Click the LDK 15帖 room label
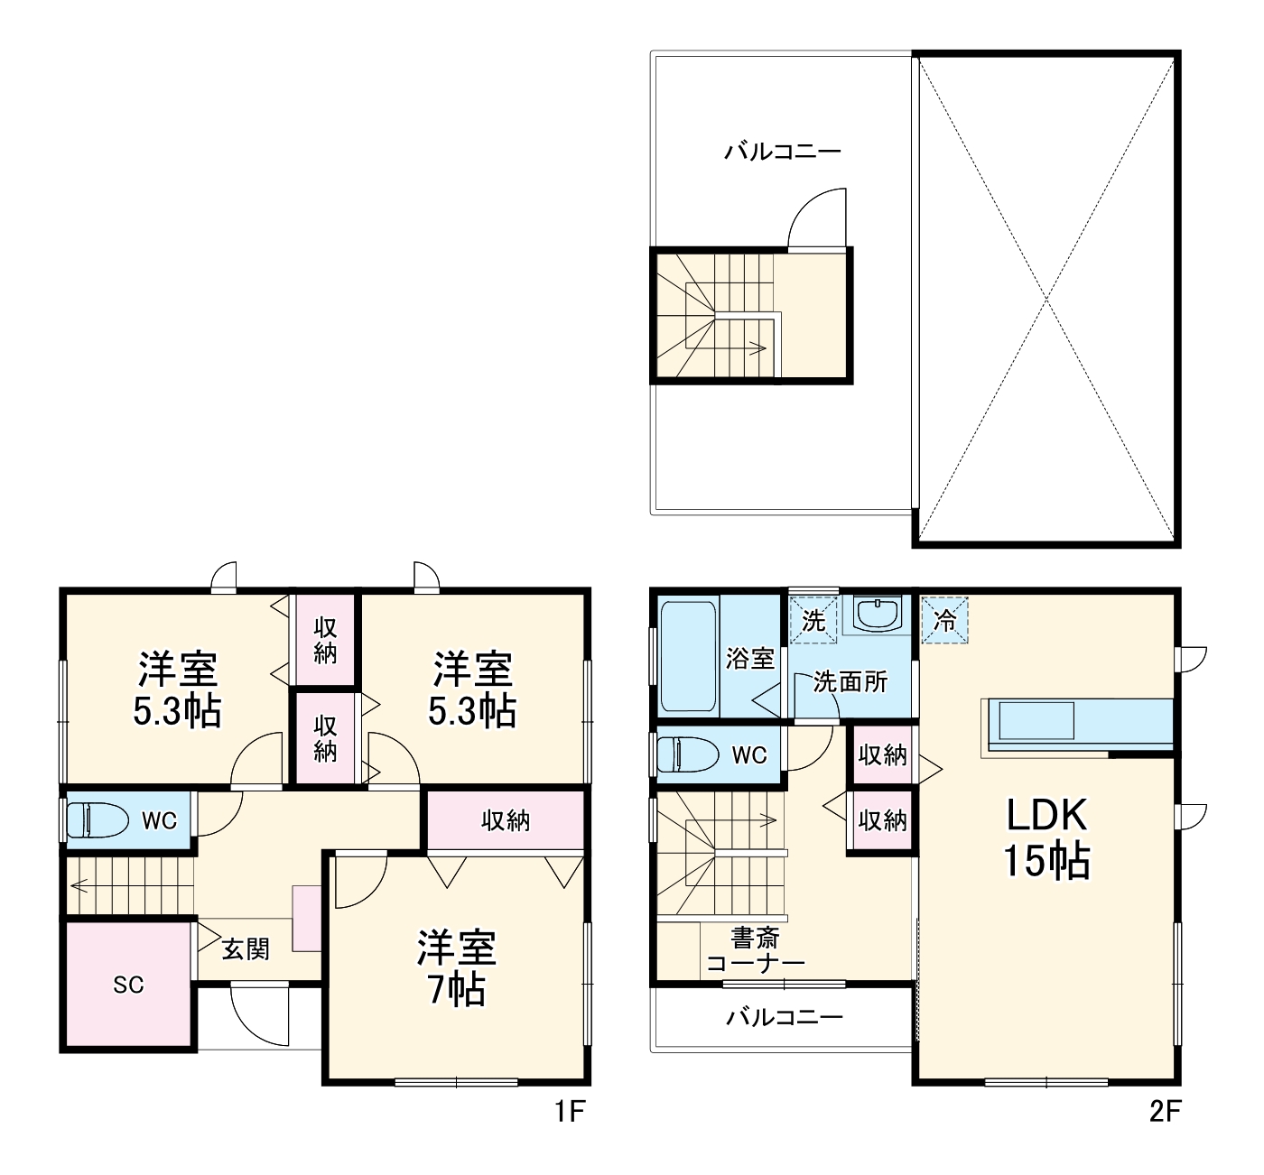point(1046,838)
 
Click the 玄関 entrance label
point(246,949)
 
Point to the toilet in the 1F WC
point(94,820)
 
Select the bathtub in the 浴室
point(688,656)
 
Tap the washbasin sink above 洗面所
point(876,615)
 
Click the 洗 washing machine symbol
point(813,620)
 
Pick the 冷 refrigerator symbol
point(944,620)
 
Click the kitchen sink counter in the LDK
point(1034,722)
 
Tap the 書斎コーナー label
point(755,950)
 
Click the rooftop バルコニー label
point(782,151)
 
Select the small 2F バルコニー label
point(785,1018)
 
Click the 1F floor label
point(571,1112)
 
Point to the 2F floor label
point(1165,1112)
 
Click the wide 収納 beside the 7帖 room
point(506,820)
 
